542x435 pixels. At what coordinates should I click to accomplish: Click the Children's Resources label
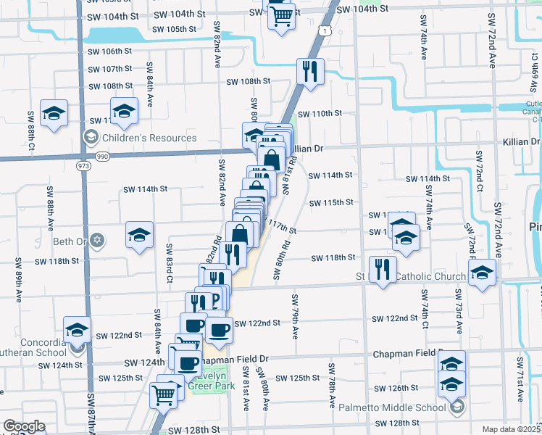149,138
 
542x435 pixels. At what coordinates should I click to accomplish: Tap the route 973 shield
83,166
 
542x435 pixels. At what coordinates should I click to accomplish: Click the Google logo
23,426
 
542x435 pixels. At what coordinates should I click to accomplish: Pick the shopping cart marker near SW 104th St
282,15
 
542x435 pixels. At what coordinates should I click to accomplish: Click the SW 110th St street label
317,113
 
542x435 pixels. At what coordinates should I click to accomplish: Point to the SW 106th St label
109,51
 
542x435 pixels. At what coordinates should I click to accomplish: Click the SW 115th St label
330,202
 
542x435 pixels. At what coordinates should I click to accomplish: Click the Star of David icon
99,240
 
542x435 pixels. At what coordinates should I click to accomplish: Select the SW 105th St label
175,30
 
